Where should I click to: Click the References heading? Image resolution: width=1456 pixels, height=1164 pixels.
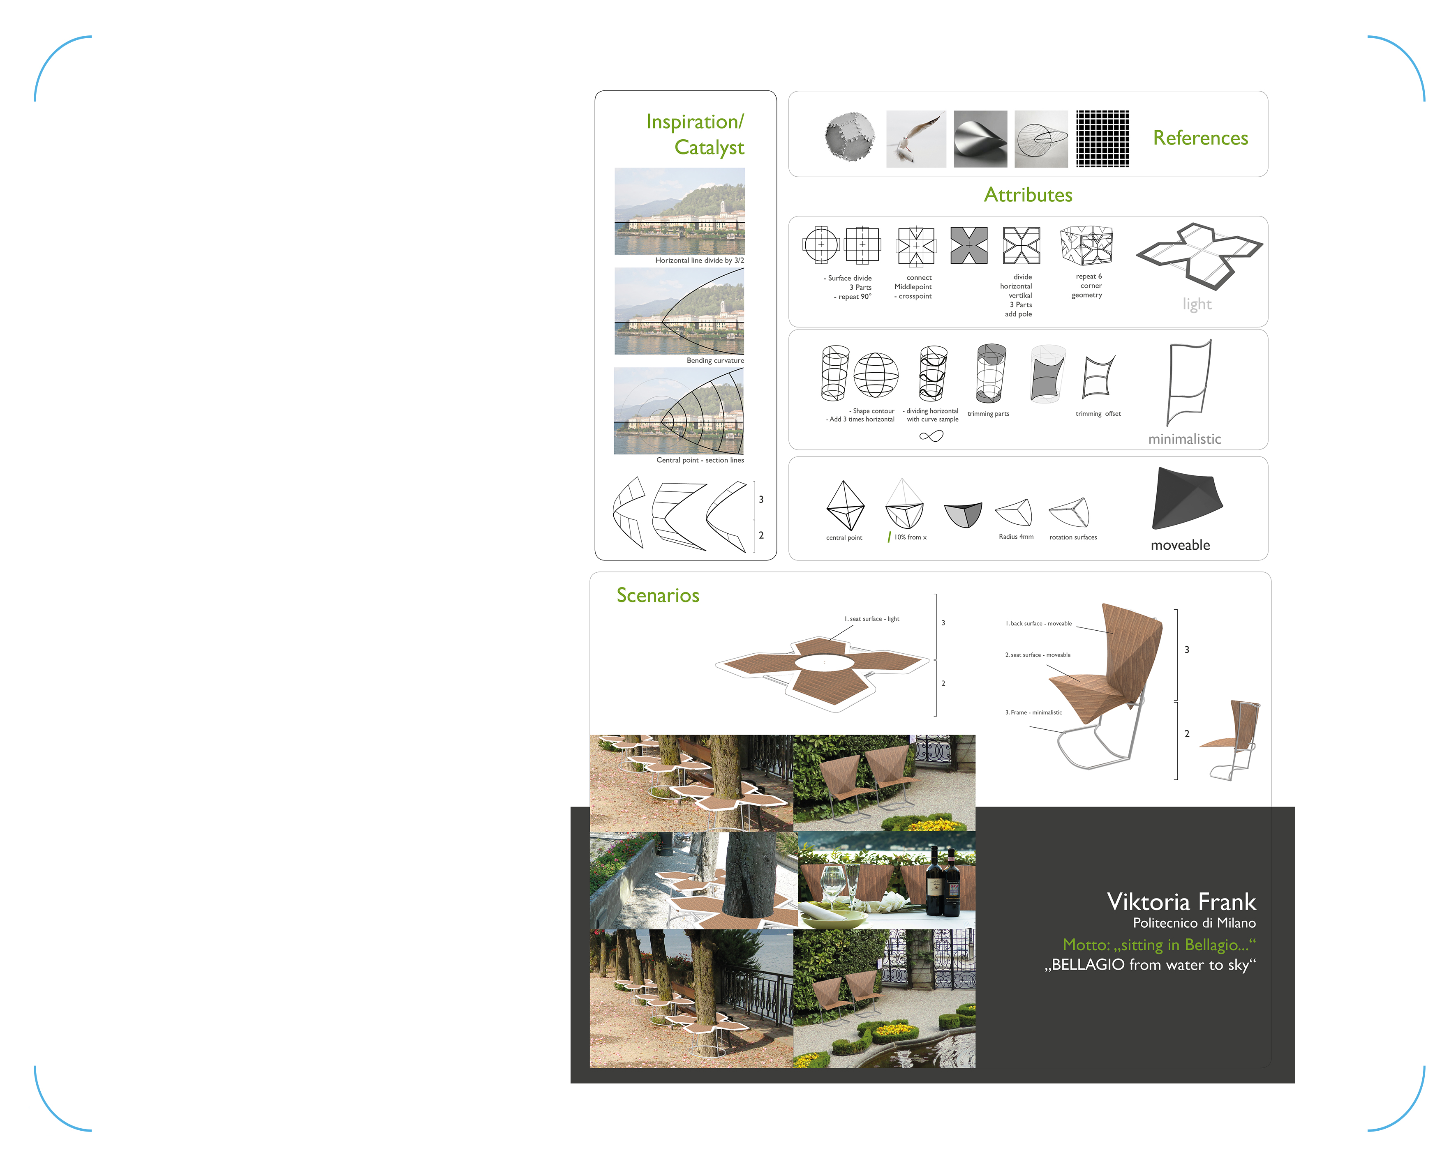1200,138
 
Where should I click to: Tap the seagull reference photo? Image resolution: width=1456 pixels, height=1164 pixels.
916,139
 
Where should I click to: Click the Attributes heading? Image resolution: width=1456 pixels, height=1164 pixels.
1028,195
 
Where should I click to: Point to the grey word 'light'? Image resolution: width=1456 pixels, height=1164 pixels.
1197,304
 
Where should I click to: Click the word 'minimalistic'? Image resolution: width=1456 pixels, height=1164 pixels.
1185,439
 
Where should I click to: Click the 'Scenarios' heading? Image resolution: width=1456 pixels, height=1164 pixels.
658,595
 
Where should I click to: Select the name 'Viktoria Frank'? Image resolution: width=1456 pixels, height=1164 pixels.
1181,901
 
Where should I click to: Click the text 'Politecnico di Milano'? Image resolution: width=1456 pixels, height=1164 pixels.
1194,923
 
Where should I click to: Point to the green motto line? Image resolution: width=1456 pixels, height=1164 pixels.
1159,945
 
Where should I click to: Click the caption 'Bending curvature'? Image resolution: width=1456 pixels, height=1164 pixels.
715,361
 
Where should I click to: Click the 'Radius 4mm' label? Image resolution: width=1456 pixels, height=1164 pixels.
1016,537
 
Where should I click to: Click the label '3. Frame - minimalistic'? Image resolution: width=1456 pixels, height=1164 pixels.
1033,712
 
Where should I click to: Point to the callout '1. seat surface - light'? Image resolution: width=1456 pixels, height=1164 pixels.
871,618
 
